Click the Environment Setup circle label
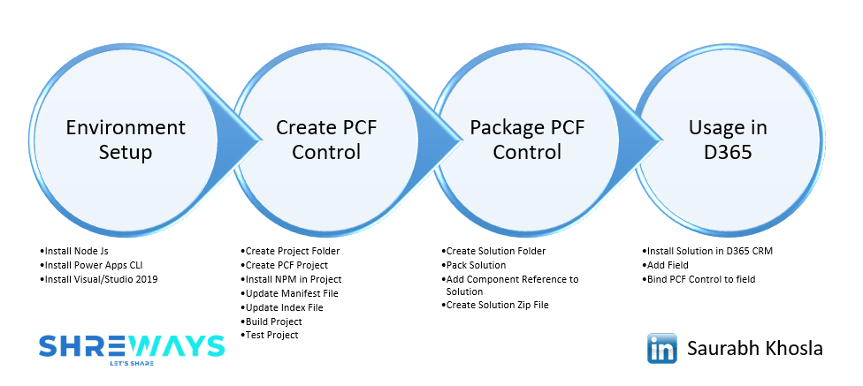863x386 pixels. [x=126, y=140]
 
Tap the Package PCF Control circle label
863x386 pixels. [x=527, y=140]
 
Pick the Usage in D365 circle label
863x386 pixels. [x=728, y=140]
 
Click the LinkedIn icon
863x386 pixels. [x=662, y=348]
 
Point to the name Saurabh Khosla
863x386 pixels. [x=754, y=349]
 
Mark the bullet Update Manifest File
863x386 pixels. [x=292, y=293]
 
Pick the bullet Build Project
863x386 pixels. [x=274, y=322]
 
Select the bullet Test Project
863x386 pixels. [x=272, y=336]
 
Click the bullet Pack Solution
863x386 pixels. [x=476, y=265]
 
